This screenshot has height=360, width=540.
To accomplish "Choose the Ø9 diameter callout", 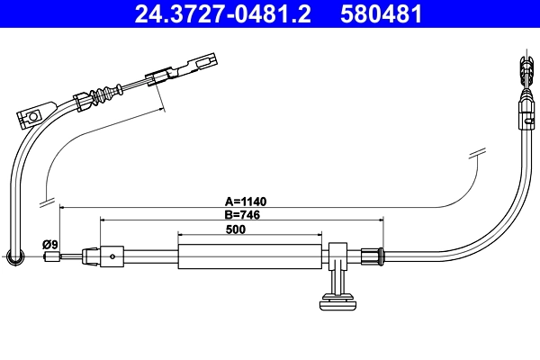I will pyautogui.click(x=50, y=244).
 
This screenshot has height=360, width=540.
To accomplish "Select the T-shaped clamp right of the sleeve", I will pyautogui.click(x=338, y=256).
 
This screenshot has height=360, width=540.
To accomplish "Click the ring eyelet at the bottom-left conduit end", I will pyautogui.click(x=13, y=259).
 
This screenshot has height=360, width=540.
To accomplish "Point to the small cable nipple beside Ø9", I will pyautogui.click(x=51, y=258).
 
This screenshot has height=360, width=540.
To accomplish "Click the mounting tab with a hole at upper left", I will pyautogui.click(x=31, y=115).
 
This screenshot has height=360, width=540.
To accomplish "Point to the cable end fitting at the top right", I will pyautogui.click(x=525, y=71).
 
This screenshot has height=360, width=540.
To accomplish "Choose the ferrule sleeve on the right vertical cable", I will pyautogui.click(x=525, y=113).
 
